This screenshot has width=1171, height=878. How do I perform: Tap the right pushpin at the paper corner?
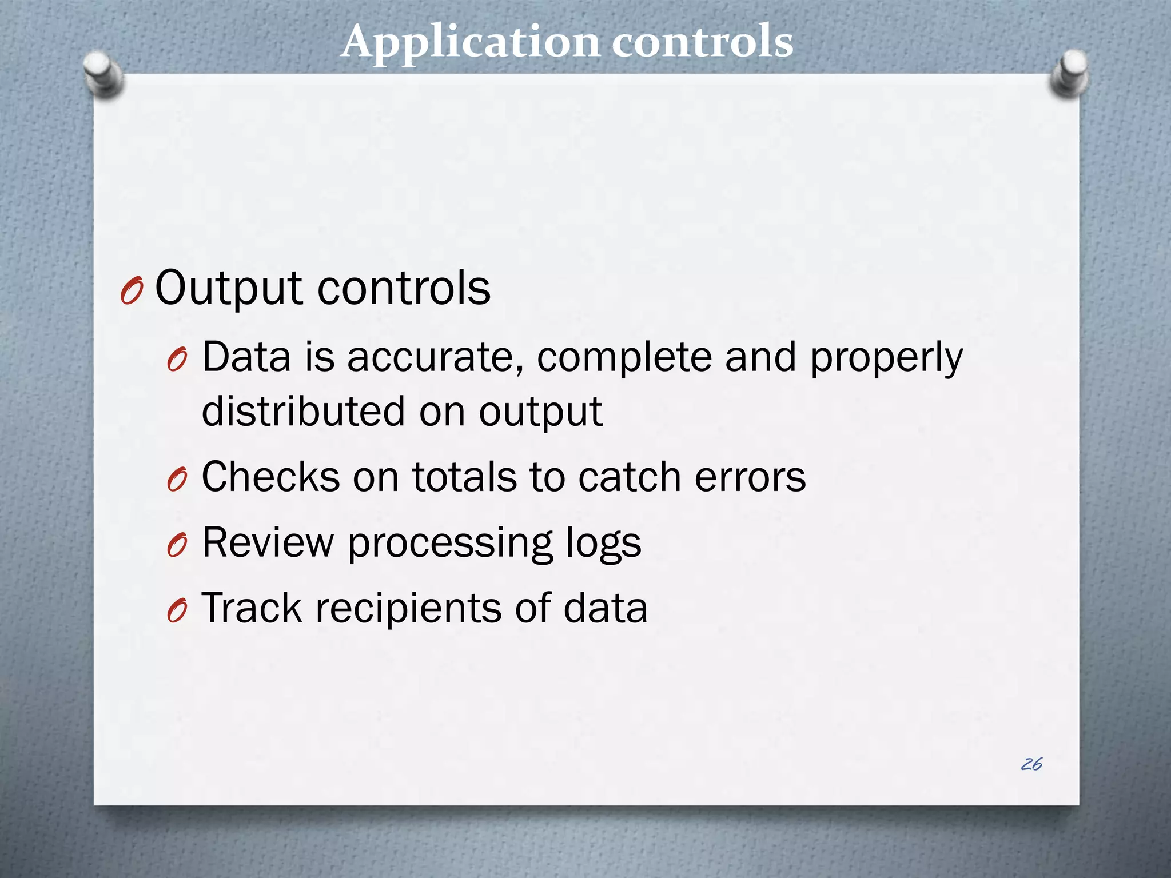(1070, 73)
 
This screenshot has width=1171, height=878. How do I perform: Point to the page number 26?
(1031, 764)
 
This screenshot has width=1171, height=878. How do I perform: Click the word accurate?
(435, 357)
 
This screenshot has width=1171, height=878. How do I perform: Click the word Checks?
(271, 477)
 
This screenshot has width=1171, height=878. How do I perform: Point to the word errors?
(750, 478)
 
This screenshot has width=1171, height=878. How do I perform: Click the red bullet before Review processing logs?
(177, 546)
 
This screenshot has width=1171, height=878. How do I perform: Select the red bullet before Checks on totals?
(177, 480)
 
